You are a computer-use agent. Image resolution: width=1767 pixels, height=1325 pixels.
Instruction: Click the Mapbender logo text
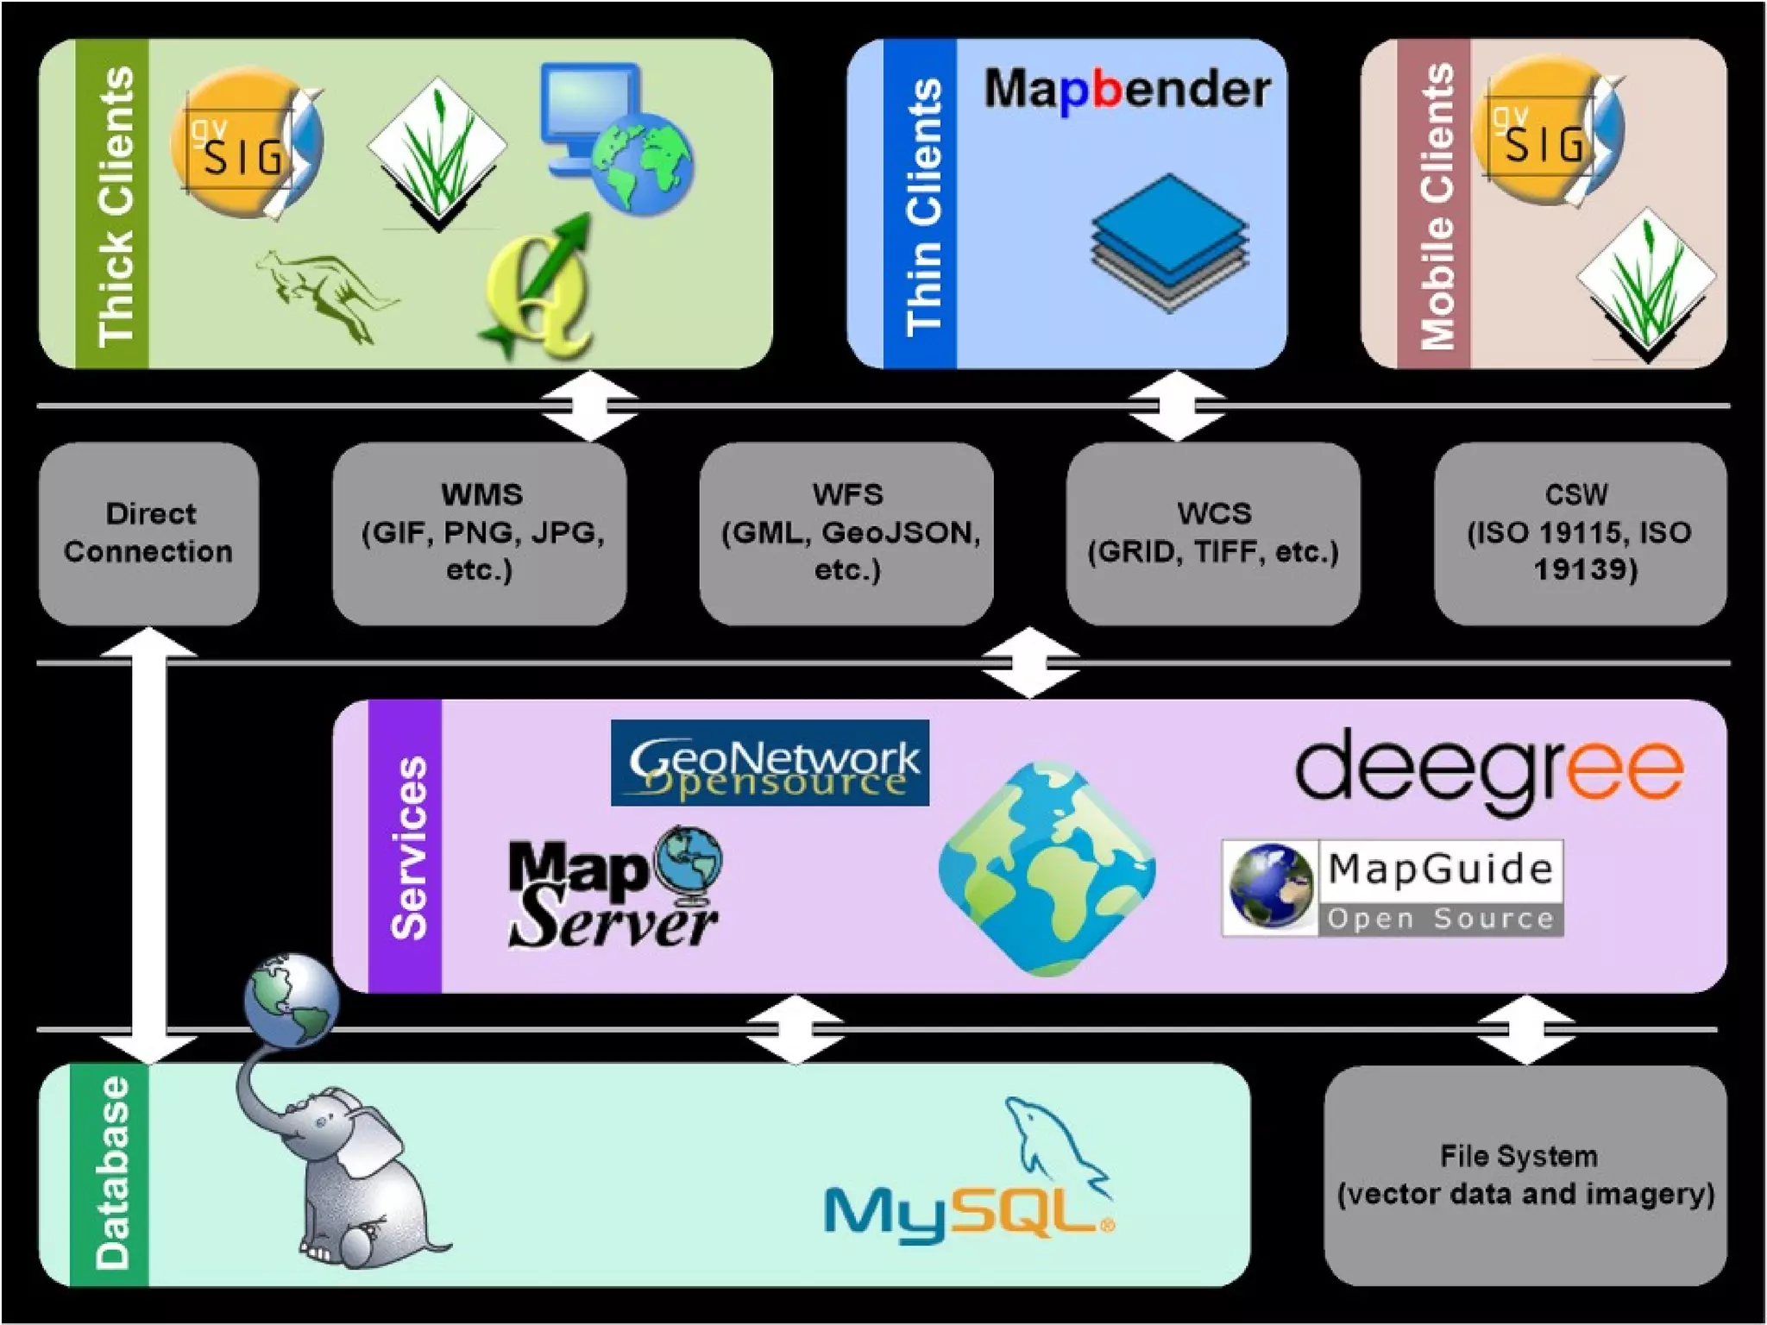1127,90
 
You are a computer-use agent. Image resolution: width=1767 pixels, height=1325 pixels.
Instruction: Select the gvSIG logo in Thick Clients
247,145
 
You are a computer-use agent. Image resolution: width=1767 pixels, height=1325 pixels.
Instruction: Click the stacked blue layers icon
1169,243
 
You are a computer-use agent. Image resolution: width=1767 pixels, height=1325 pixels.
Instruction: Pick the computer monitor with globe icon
616,138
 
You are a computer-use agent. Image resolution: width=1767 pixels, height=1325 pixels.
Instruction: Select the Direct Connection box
148,533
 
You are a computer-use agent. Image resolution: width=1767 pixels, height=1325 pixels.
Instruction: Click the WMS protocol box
480,533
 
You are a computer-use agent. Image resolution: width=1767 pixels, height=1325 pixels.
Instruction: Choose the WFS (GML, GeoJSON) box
846,533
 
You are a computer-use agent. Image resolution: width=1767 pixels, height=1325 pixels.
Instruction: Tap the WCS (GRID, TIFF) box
1213,533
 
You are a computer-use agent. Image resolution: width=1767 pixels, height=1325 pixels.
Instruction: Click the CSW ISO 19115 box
1580,533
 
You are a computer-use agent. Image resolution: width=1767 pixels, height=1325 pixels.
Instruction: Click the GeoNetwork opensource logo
770,763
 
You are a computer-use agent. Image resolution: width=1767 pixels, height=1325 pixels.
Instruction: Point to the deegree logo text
1489,769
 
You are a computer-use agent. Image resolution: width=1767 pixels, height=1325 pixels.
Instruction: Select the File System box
1525,1175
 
